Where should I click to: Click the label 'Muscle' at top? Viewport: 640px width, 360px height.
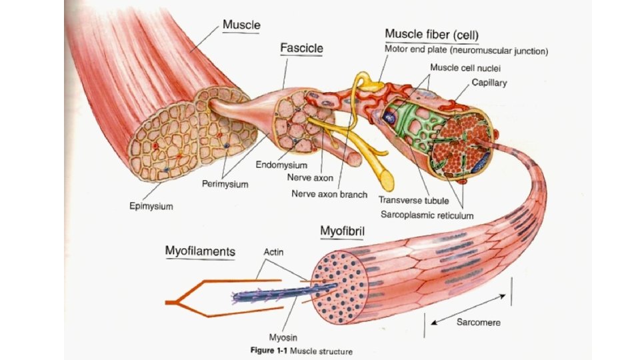pyautogui.click(x=241, y=25)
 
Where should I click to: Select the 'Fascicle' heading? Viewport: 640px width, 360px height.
pyautogui.click(x=301, y=49)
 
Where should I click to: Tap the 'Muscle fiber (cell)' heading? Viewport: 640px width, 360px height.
pyautogui.click(x=431, y=33)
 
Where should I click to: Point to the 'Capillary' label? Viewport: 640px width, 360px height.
pyautogui.click(x=489, y=83)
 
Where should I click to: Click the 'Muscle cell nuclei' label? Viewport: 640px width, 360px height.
pyautogui.click(x=465, y=67)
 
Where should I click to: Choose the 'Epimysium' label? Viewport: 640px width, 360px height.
pyautogui.click(x=151, y=206)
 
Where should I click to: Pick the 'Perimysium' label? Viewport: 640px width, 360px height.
pyautogui.click(x=225, y=184)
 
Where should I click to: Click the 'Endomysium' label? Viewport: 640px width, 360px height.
pyautogui.click(x=281, y=165)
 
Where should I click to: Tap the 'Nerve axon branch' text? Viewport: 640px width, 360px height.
pyautogui.click(x=329, y=195)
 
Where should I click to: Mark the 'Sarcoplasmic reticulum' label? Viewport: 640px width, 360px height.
pyautogui.click(x=427, y=215)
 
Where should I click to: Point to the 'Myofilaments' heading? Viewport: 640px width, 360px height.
pyautogui.click(x=200, y=251)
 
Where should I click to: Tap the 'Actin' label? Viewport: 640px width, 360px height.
pyautogui.click(x=274, y=253)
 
